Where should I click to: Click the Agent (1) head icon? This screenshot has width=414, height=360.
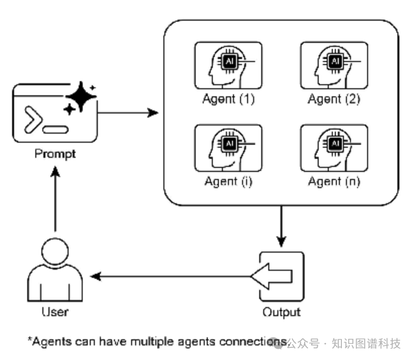point(228,66)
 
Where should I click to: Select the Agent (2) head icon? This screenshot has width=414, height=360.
point(334,66)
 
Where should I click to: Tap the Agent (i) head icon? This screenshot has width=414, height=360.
point(228,148)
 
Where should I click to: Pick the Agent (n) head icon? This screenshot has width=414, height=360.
point(334,148)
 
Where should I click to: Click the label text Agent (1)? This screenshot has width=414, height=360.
point(228,99)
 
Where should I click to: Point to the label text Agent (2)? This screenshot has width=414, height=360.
point(334,99)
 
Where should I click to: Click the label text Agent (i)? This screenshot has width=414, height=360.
point(228,181)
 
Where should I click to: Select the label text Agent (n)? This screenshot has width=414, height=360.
point(334,181)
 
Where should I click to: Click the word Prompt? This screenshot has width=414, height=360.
point(55,153)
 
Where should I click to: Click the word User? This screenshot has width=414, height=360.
point(55,312)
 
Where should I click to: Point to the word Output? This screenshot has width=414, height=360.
point(281,312)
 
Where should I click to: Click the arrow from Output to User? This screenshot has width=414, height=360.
point(171,276)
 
